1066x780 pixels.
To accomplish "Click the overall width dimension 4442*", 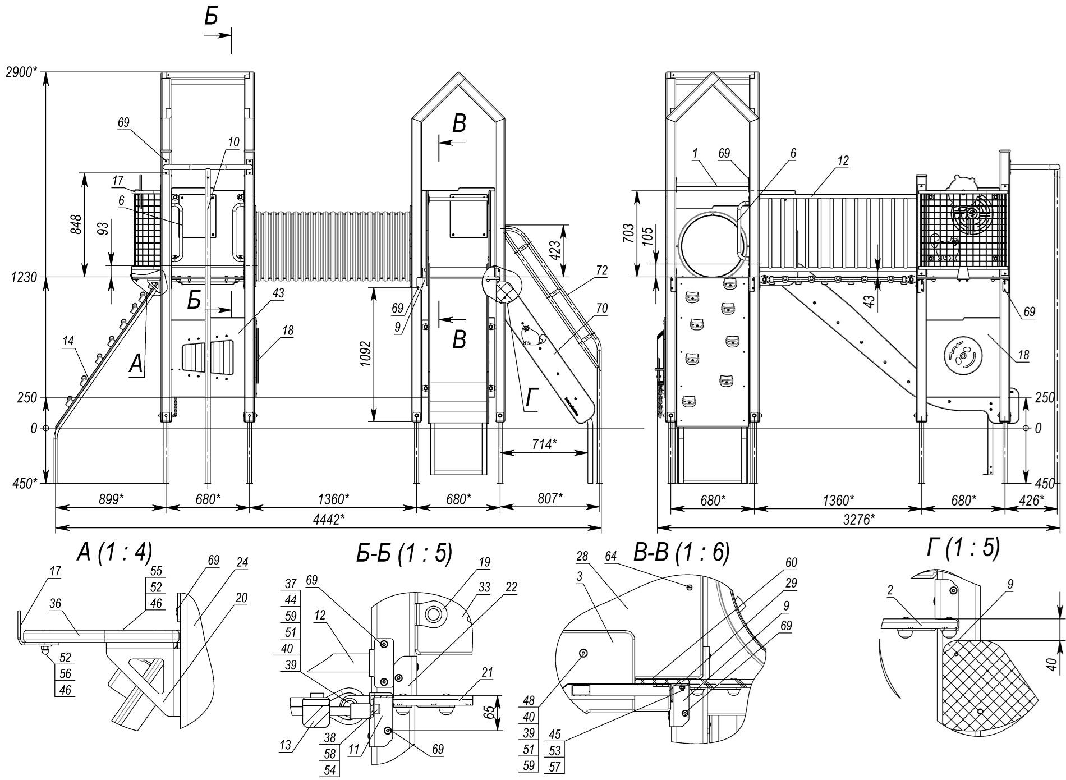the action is tap(328, 519).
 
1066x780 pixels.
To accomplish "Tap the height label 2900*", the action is tap(22, 72).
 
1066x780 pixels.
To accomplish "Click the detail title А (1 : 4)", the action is tap(114, 553).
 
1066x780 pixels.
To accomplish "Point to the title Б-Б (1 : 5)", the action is tap(403, 553).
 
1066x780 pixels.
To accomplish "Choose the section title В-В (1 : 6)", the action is tap(681, 553).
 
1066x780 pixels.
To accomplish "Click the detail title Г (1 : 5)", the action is tap(963, 548).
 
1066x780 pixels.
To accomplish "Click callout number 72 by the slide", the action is tap(601, 271).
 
